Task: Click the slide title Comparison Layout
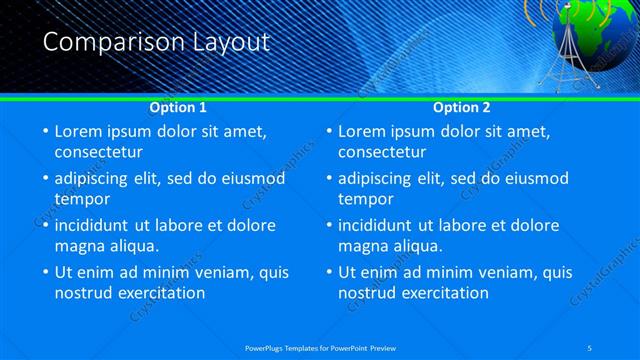[x=156, y=42]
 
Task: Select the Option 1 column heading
[x=178, y=107]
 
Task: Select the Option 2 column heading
[x=462, y=107]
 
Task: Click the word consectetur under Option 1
[x=98, y=152]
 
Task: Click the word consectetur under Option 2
[x=382, y=152]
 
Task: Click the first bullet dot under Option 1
[x=45, y=132]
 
